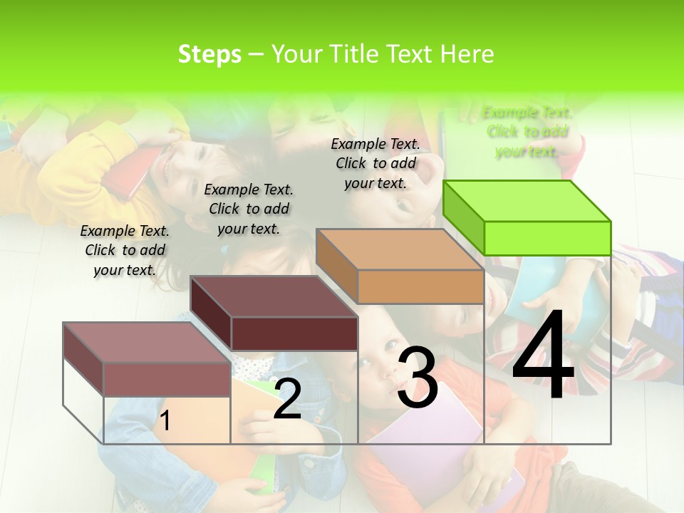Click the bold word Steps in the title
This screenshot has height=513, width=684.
pyautogui.click(x=209, y=54)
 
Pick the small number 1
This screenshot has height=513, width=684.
pyautogui.click(x=165, y=421)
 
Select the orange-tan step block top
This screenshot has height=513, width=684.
pyautogui.click(x=399, y=249)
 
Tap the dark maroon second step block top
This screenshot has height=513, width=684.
pyautogui.click(x=274, y=296)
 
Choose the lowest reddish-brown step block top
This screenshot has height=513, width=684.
pyautogui.click(x=147, y=342)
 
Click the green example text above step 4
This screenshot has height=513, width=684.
pyautogui.click(x=527, y=132)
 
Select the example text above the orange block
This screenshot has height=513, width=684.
pyautogui.click(x=375, y=163)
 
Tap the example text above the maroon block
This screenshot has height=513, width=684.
pyautogui.click(x=249, y=209)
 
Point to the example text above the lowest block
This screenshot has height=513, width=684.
pyautogui.click(x=125, y=250)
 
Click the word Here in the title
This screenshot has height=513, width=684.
pyautogui.click(x=467, y=54)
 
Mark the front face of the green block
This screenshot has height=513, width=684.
pyautogui.click(x=547, y=238)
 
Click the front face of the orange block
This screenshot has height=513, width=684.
pyautogui.click(x=420, y=287)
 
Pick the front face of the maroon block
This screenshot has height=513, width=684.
pyautogui.click(x=294, y=333)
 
